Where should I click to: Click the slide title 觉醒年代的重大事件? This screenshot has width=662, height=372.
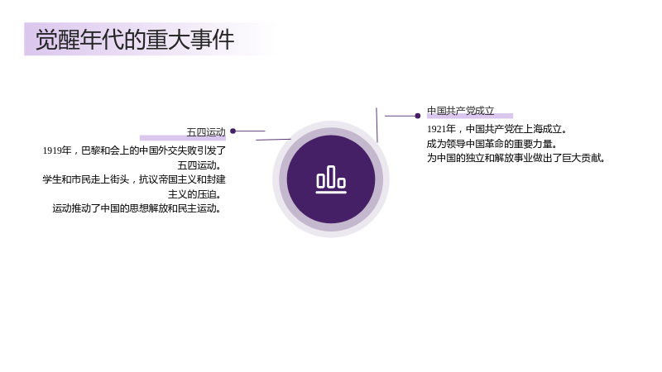click(x=135, y=40)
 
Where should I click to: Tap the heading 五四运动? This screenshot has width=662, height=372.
click(x=206, y=132)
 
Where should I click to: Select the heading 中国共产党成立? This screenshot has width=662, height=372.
click(x=461, y=111)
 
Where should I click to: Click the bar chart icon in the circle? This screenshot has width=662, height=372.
click(x=331, y=179)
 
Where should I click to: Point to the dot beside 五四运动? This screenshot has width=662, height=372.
click(x=233, y=131)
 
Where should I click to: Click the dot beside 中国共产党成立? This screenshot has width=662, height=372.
click(x=418, y=116)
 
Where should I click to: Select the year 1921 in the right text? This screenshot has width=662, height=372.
click(x=436, y=129)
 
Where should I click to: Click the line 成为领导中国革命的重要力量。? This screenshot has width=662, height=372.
click(x=492, y=144)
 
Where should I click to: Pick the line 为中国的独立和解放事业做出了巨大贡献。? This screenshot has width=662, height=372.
click(x=516, y=158)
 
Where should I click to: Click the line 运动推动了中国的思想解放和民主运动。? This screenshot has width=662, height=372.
click(x=137, y=208)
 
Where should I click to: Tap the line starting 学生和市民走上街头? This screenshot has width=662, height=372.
click(x=134, y=179)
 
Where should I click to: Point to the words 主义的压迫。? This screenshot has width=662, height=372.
click(x=194, y=194)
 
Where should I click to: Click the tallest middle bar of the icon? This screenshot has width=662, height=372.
click(x=331, y=176)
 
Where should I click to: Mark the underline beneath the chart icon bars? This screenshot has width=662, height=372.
click(x=331, y=193)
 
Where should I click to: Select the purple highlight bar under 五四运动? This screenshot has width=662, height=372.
click(x=183, y=138)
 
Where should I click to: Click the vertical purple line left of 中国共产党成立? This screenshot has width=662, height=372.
click(x=377, y=125)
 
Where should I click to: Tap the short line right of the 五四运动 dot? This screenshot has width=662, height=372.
click(x=251, y=131)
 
